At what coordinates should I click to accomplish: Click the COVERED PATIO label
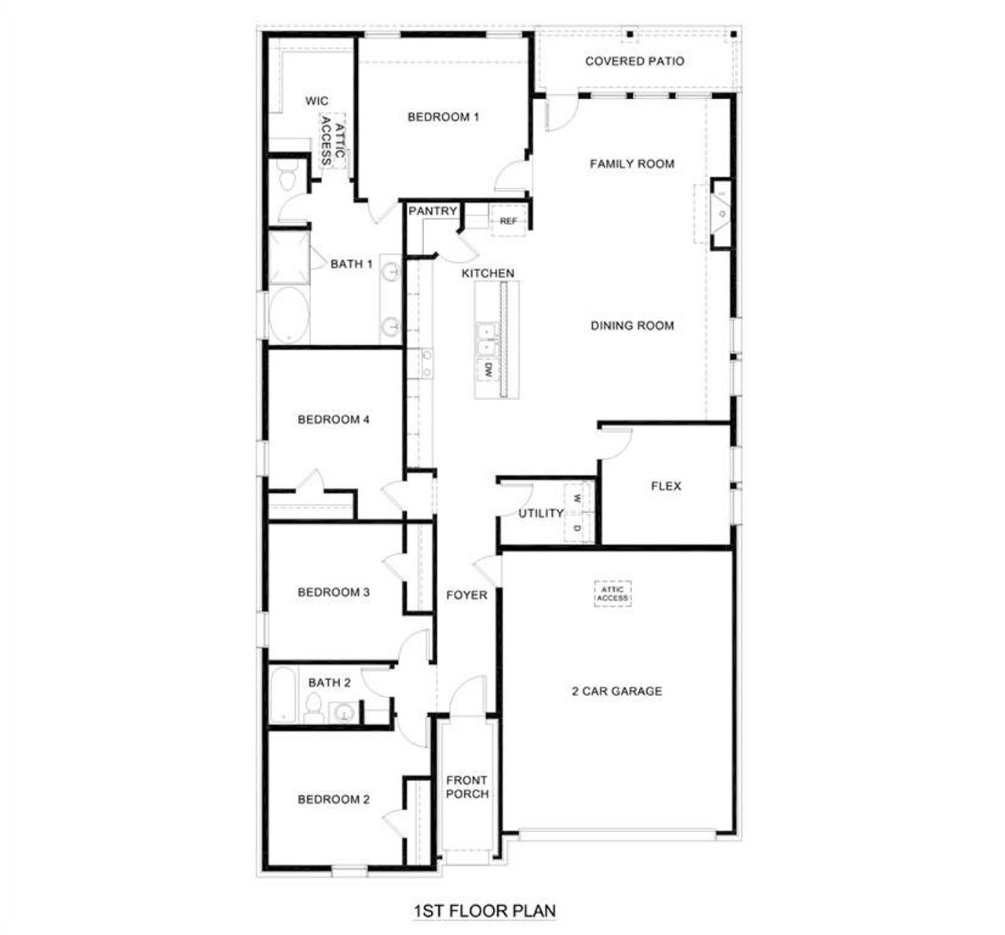click(634, 61)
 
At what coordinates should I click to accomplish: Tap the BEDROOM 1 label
click(443, 117)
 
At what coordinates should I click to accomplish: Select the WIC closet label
click(317, 101)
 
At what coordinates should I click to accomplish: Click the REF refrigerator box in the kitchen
click(509, 221)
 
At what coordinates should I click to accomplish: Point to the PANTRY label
click(433, 211)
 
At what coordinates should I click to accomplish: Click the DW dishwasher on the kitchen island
click(488, 370)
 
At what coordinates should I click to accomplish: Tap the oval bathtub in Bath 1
click(289, 316)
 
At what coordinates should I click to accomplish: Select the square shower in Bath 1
click(289, 257)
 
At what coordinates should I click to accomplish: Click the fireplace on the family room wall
click(722, 213)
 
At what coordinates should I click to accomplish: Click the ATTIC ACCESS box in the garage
click(612, 594)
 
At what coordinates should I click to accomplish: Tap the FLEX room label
click(666, 486)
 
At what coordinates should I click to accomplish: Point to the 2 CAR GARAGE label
click(616, 691)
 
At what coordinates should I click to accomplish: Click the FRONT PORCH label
click(467, 786)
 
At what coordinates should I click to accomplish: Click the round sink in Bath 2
click(344, 713)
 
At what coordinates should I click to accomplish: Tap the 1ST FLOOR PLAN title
click(484, 911)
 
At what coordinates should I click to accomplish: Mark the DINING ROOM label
click(632, 325)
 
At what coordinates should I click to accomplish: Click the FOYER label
click(466, 595)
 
